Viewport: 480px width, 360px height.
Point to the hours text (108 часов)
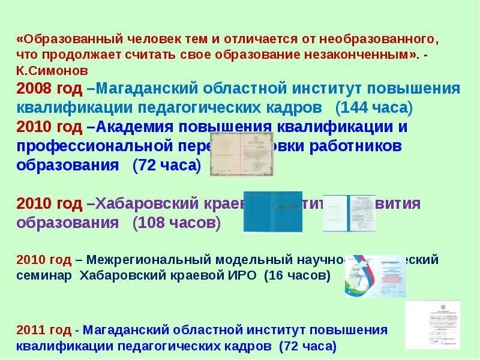coord(176,223)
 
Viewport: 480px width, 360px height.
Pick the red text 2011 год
coord(44,331)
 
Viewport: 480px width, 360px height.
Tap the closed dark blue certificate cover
coord(272,212)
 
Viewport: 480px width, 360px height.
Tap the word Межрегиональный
coord(148,260)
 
